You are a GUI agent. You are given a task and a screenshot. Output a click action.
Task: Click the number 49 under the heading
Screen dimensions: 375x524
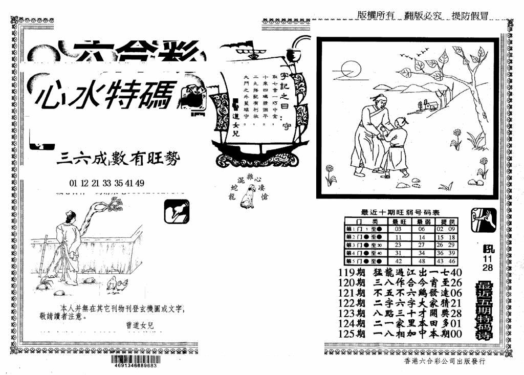[140, 183]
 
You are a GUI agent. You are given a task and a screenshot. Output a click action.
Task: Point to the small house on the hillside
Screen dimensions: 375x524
[429, 105]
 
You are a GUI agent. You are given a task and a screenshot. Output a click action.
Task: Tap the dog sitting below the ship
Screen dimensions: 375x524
[250, 197]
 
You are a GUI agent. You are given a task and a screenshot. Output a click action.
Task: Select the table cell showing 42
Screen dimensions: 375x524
[399, 260]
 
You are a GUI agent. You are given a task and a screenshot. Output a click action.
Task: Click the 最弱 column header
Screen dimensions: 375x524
[422, 221]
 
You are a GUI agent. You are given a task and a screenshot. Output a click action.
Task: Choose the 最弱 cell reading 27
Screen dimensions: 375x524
[422, 245]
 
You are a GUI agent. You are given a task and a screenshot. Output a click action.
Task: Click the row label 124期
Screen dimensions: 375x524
[352, 323]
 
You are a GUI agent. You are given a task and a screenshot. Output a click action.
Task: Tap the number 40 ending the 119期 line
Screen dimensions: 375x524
[457, 272]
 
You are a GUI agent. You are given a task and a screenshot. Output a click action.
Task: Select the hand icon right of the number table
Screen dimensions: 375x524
[483, 220]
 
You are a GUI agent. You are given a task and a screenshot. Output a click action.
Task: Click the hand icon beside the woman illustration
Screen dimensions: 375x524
[177, 211]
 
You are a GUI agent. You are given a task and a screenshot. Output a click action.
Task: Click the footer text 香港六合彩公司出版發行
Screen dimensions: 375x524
[444, 361]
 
